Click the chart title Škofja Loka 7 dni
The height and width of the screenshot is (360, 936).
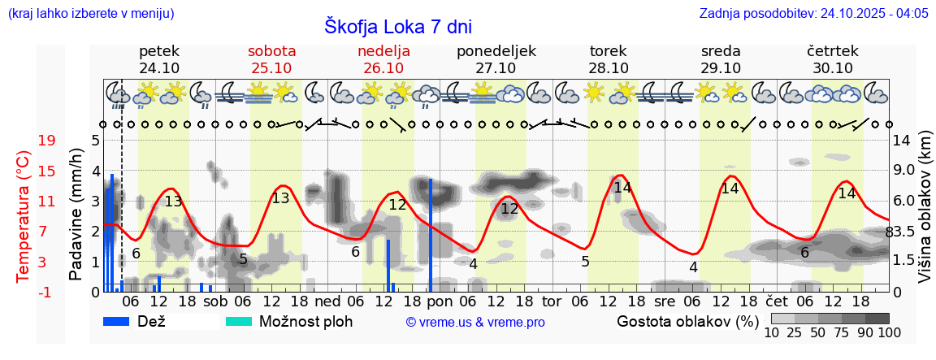click(397, 26)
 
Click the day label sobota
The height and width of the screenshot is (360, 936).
click(271, 51)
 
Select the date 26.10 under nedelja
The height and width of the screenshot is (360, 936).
click(383, 68)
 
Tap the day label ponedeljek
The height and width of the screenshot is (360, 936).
click(496, 51)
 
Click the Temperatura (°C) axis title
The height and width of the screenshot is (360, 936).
click(24, 216)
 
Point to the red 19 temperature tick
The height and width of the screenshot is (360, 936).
click(47, 140)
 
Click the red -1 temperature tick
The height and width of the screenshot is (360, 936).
click(47, 291)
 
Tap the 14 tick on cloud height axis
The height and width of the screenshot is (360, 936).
click(901, 140)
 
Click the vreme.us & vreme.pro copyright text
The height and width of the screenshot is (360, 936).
click(475, 323)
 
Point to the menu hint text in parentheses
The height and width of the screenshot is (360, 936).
click(90, 14)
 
